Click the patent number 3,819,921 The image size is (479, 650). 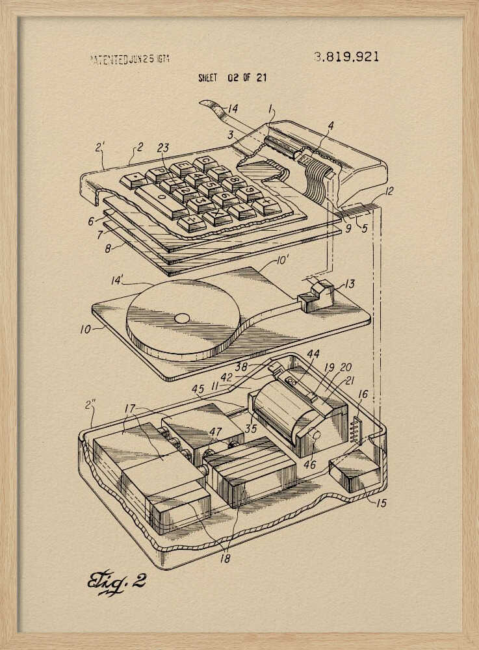tap(346, 57)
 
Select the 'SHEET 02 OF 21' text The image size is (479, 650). tap(232, 77)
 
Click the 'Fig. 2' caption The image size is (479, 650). tap(117, 580)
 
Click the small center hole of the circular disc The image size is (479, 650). tap(183, 318)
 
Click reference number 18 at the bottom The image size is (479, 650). tap(224, 557)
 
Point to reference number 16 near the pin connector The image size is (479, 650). tap(362, 394)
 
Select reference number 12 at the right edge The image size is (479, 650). tap(389, 192)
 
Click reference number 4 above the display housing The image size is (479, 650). tap(331, 125)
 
